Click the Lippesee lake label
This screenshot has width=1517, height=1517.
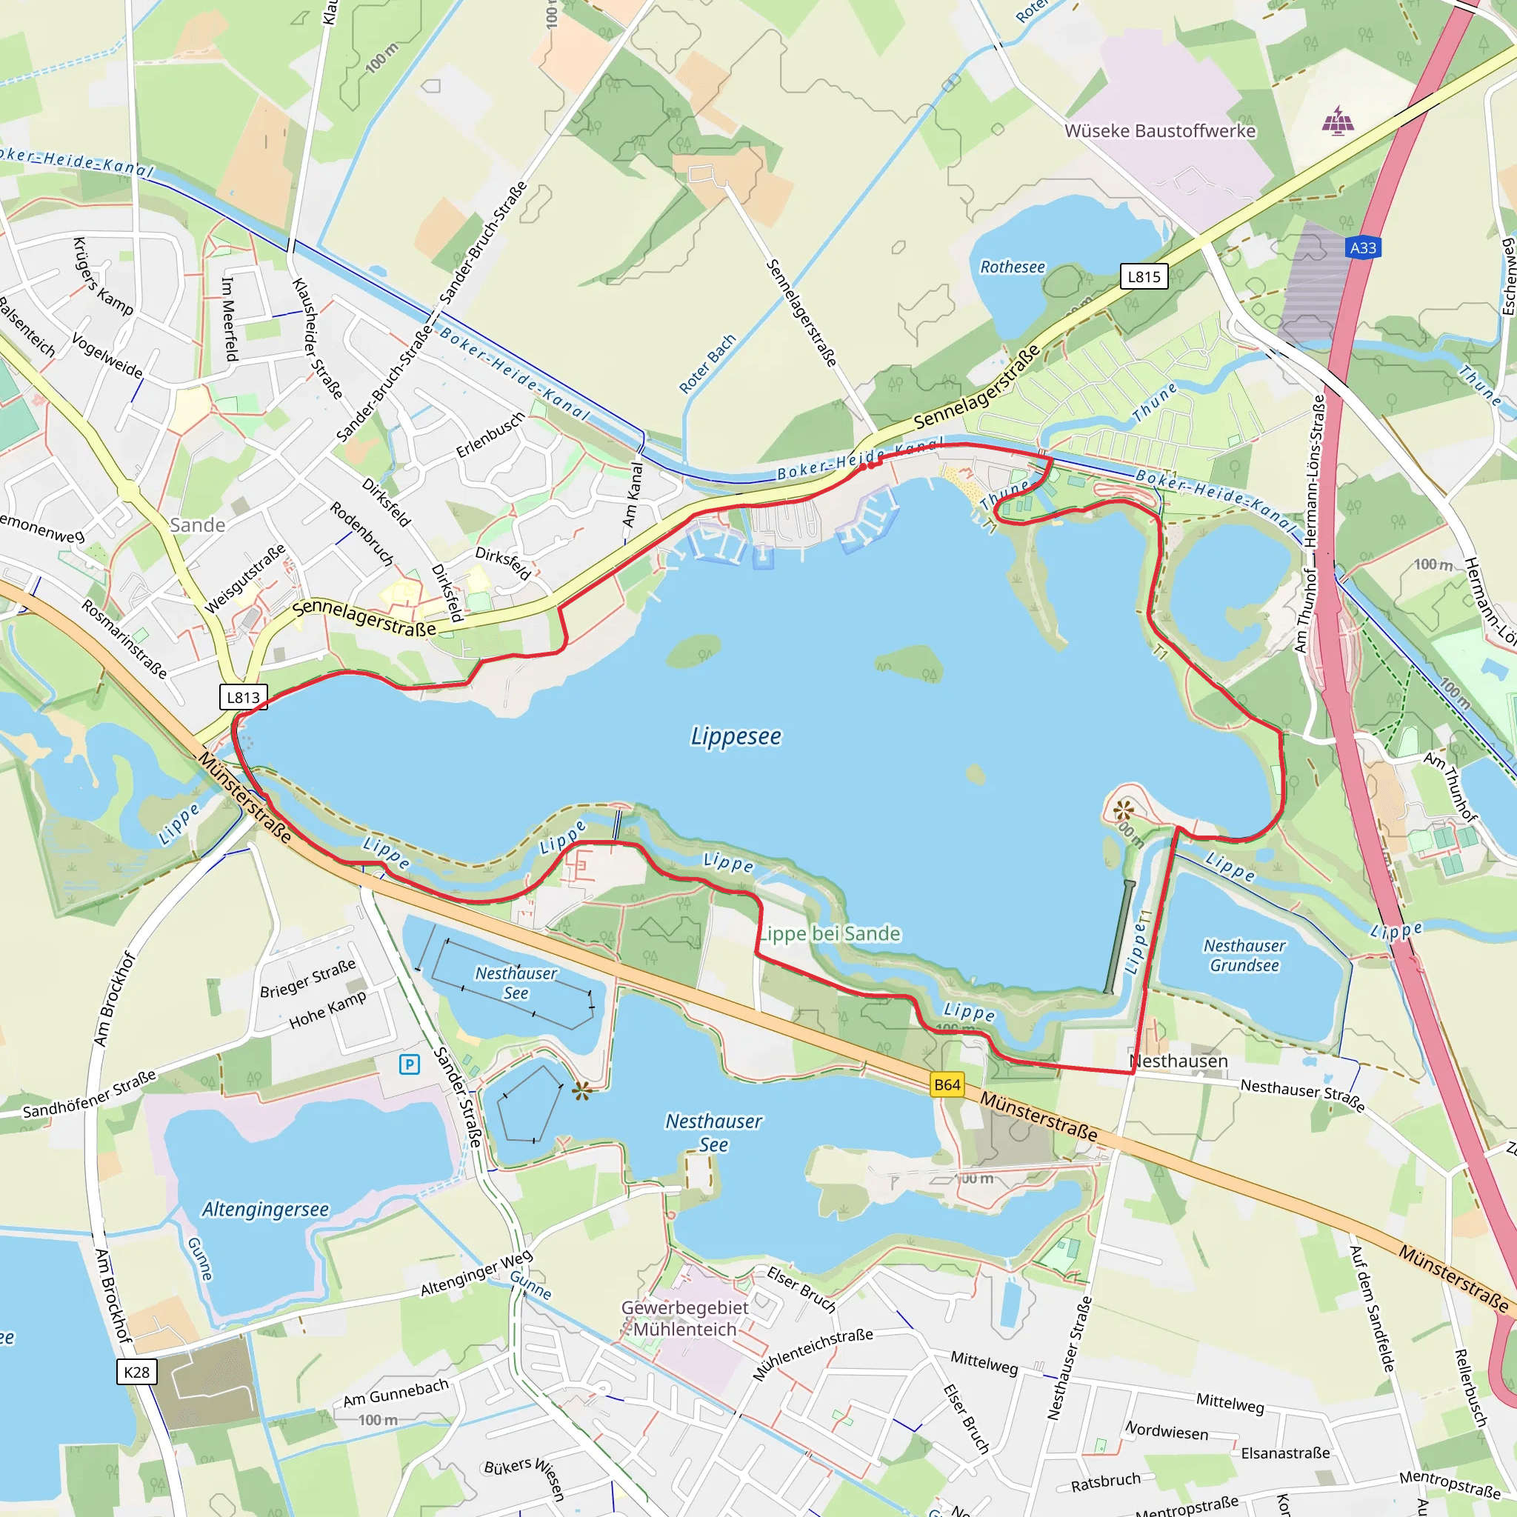pos(736,736)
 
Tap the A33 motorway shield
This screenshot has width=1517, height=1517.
pos(1362,248)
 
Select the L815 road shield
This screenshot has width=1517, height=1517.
pos(1143,276)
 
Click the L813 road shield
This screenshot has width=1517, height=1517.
pos(243,697)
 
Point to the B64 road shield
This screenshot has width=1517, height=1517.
pos(947,1085)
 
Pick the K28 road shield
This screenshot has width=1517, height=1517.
pos(136,1372)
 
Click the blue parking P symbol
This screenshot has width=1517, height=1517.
pos(409,1064)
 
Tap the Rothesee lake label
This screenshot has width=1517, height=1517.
pos(1012,267)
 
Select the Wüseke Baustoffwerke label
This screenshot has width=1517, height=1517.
pos(1160,131)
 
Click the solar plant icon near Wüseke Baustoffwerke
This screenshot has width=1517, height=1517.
pos(1337,122)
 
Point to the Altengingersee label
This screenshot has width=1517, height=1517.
pos(265,1209)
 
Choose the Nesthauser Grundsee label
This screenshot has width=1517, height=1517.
pos(1244,956)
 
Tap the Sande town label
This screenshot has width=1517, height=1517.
pos(198,525)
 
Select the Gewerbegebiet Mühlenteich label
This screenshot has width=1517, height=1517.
pos(684,1318)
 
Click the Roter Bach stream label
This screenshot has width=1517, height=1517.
pos(707,364)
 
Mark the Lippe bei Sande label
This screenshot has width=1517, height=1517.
pos(830,933)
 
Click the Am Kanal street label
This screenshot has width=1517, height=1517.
pos(632,495)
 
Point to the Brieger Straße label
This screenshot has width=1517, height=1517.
pos(308,978)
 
